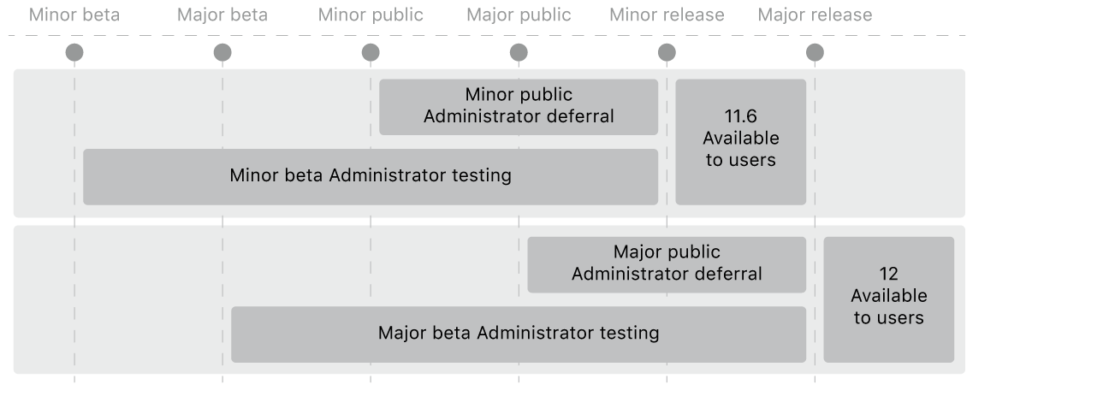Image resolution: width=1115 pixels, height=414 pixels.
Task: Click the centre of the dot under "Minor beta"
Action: [x=74, y=52]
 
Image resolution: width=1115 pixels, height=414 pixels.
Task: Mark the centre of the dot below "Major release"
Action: [x=815, y=52]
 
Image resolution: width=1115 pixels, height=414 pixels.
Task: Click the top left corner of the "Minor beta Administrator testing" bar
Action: [x=83, y=149]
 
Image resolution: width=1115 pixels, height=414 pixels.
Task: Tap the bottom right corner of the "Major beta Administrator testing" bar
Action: [x=806, y=363]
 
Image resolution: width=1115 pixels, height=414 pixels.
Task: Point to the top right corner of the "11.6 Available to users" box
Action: [x=806, y=79]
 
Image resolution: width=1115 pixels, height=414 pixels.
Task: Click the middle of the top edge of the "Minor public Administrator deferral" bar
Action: [x=519, y=79]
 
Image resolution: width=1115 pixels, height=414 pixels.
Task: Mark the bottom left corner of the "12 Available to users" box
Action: [x=824, y=363]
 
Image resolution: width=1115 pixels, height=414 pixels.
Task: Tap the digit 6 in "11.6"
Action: [x=751, y=116]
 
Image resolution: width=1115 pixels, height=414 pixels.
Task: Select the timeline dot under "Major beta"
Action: [x=222, y=52]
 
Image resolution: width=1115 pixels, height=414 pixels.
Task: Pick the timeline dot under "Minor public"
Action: [x=371, y=52]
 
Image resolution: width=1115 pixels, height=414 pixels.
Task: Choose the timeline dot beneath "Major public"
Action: [x=519, y=52]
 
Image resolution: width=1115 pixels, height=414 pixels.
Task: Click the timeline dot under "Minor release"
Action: [x=667, y=52]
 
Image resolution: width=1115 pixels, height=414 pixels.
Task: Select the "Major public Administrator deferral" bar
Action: [x=667, y=264]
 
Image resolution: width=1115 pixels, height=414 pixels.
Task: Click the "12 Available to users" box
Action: [x=889, y=299]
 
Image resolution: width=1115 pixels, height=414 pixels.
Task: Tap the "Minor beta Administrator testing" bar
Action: [x=371, y=177]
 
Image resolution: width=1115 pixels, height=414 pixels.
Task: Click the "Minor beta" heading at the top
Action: [x=74, y=15]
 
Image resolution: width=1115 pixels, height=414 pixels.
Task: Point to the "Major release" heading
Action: [x=815, y=15]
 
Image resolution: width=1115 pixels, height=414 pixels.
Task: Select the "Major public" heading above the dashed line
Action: [x=519, y=15]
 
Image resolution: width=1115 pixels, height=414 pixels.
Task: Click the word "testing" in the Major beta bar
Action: [x=629, y=333]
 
